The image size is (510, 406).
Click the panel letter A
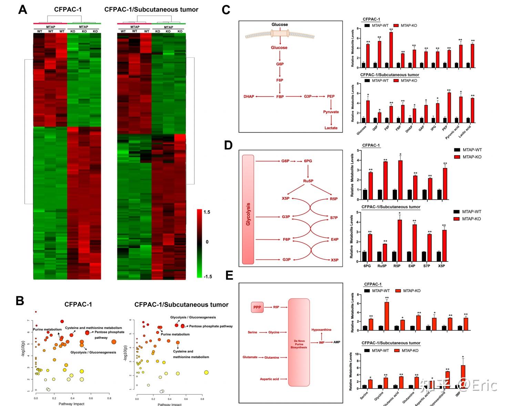pos(23,9)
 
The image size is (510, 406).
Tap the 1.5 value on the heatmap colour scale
pos(207,212)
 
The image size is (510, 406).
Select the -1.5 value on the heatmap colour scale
pos(207,276)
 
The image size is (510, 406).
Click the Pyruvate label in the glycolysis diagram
pos(331,112)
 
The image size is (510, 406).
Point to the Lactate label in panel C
pos(331,128)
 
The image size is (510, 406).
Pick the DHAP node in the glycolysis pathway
pos(249,97)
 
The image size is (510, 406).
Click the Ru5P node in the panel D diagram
pos(308,181)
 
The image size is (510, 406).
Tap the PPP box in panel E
pos(257,307)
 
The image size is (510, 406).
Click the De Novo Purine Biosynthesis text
pos(299,344)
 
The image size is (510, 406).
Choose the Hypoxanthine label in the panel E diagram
pos(321,330)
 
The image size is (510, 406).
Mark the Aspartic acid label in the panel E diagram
pos(269,379)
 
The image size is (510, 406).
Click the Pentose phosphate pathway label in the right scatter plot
pos(211,326)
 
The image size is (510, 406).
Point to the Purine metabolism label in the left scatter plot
pos(47,329)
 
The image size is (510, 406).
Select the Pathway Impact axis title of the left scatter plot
pos(71,404)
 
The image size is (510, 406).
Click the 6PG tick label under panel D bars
pos(367,266)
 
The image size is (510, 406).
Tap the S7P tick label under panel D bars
pos(427,266)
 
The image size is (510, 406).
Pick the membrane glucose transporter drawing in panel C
pos(280,33)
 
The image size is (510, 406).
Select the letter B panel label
pos(20,301)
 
